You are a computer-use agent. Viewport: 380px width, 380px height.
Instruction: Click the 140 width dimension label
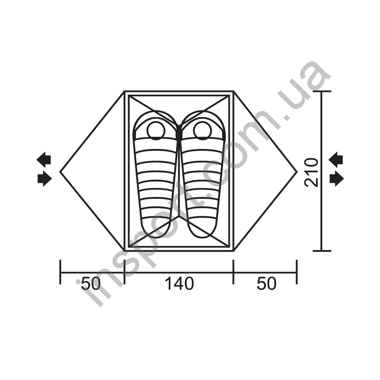[x=179, y=283]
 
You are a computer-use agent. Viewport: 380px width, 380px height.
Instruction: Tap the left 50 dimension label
[x=91, y=283]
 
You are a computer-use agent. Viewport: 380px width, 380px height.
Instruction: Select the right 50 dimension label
[x=267, y=283]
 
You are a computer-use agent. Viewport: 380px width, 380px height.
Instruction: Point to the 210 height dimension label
[x=311, y=172]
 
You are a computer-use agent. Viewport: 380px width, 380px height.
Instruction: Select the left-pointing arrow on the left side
[x=44, y=160]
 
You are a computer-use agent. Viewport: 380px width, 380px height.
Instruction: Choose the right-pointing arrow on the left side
[x=45, y=179]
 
